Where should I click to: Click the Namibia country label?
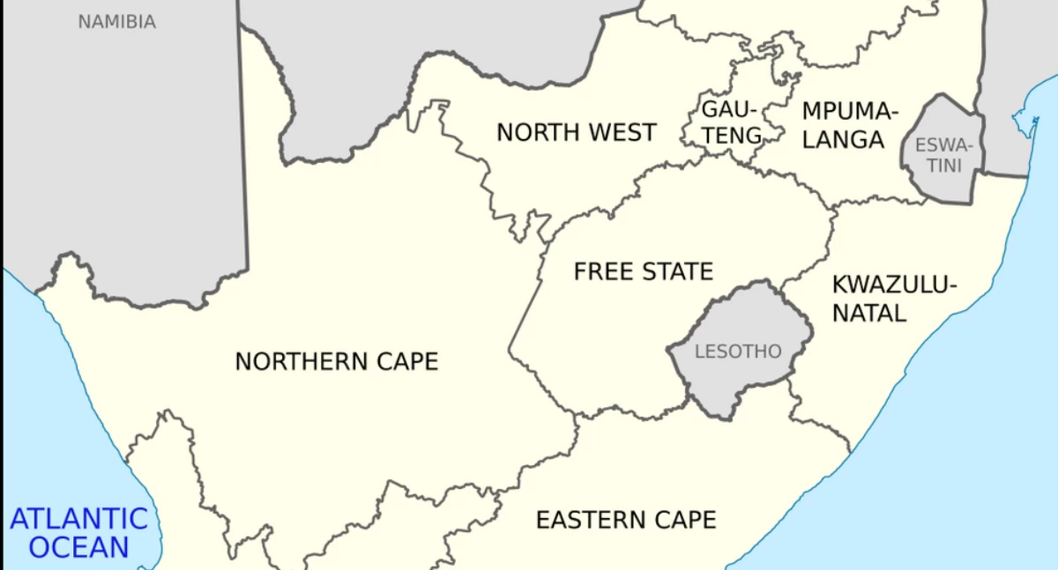pos(116,22)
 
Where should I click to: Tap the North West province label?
pos(576,132)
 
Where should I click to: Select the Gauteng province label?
pos(730,122)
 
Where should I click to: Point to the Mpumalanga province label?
pos(849,125)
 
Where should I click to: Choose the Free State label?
pos(643,271)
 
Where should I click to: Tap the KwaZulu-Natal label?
pos(894,298)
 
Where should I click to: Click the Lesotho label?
pos(738,352)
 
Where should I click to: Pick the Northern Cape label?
pos(336,361)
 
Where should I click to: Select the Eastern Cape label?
pos(626,520)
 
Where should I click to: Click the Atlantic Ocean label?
pos(78,532)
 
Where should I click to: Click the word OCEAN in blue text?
pos(78,547)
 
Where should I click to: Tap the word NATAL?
pos(869,312)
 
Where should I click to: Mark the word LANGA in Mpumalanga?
pos(843,139)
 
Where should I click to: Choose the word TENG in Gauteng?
pos(732,135)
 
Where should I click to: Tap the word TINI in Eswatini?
pos(943,166)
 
